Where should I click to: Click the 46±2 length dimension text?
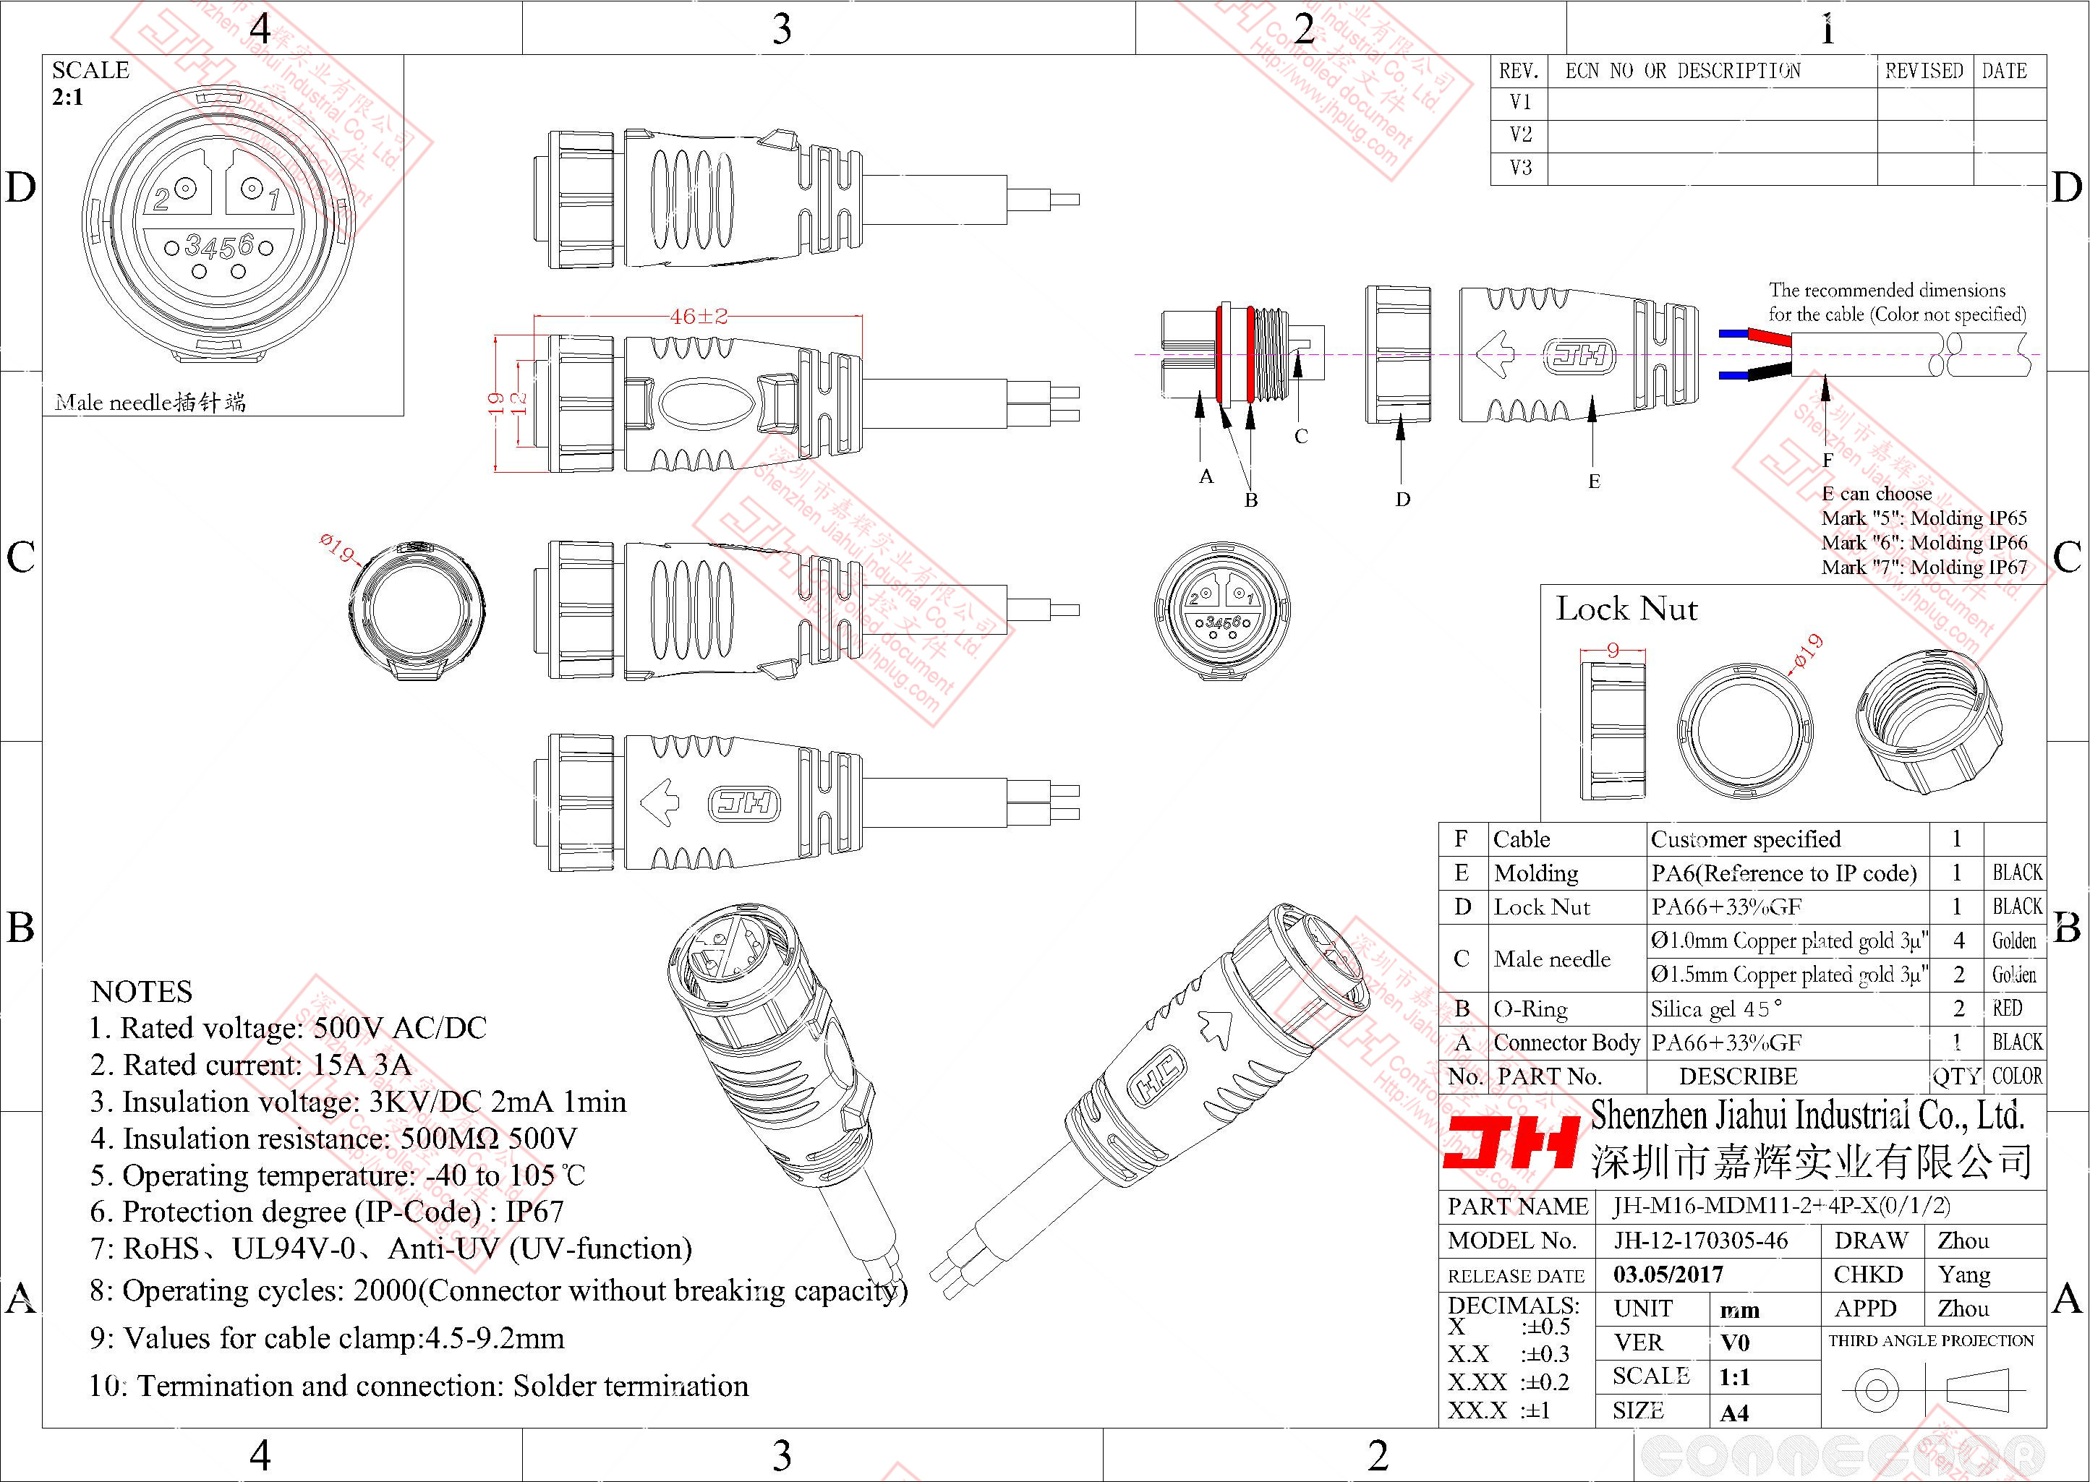(698, 317)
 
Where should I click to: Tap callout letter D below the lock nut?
(1403, 499)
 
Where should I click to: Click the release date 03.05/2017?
(1668, 1275)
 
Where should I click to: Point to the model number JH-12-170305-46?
(1700, 1241)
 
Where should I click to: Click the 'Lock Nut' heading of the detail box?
(1626, 609)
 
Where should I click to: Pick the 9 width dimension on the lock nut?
(1613, 651)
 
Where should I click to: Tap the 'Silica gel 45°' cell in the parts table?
(1716, 1009)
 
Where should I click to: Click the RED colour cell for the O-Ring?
(2007, 1008)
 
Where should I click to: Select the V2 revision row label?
(1521, 135)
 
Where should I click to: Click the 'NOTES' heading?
(142, 992)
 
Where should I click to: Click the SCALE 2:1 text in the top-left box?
(90, 83)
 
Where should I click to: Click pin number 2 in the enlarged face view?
(161, 199)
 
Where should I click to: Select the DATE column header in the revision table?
(2004, 71)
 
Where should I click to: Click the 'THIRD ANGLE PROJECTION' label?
(1931, 1340)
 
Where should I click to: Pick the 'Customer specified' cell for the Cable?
(1745, 839)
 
